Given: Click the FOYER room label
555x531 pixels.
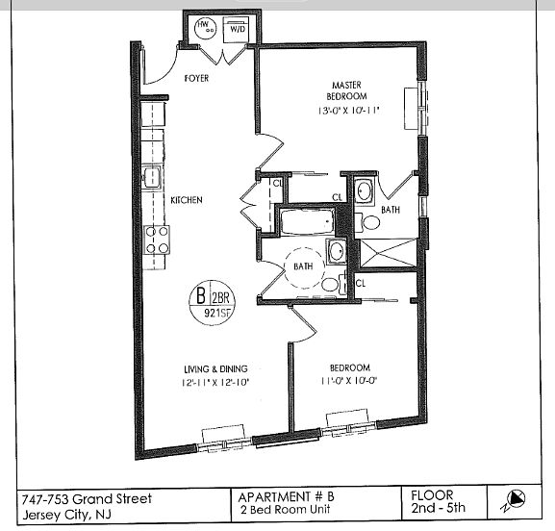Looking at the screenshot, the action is pos(196,78).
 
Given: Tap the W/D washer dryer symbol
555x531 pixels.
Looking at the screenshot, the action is pos(235,29).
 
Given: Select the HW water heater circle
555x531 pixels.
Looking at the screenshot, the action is pos(205,28).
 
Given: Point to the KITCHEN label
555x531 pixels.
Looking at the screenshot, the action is pos(187,200).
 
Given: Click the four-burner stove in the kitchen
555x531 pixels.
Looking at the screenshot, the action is pos(157,240).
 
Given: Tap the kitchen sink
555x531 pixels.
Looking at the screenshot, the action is pos(152,177).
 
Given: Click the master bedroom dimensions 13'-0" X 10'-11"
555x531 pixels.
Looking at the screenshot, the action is pos(348,111).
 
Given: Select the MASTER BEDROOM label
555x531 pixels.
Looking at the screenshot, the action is pos(346,90).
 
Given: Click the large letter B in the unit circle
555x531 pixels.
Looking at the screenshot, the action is pos(201,295).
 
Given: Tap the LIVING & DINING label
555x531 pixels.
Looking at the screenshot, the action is pos(215,369).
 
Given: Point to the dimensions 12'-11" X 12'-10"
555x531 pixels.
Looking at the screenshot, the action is pos(215,383).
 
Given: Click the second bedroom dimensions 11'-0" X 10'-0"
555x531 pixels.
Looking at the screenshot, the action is pos(349,381).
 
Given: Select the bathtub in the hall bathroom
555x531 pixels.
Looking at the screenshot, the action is pos(307,221).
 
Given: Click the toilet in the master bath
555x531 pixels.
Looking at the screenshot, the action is pos(367,222).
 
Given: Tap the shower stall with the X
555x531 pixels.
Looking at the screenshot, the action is pos(388,252).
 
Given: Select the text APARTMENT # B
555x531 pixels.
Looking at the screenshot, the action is pos(286,496).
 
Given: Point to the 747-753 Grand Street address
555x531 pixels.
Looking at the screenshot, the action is pos(87,499).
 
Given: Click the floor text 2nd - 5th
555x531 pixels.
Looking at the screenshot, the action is pos(438,508).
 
